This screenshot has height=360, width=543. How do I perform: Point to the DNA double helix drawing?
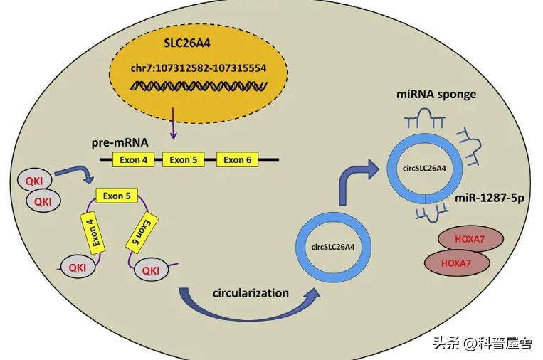pos(198,88)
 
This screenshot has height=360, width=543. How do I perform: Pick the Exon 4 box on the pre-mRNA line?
pos(135,159)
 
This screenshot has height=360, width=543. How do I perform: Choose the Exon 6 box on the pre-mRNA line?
pos(237,159)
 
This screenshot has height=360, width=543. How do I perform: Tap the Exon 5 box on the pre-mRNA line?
pos(184,159)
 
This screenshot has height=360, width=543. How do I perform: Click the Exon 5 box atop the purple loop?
pos(117,196)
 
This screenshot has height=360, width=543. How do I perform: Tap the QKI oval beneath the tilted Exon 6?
pos(151,270)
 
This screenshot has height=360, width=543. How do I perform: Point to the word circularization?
pos(251,293)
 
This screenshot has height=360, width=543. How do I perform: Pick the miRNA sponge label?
pos(439,95)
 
